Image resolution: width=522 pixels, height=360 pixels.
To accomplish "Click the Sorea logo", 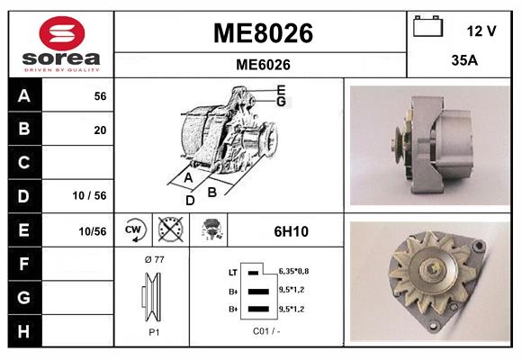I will pyautogui.click(x=58, y=42).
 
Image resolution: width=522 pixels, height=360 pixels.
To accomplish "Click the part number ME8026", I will pyautogui.click(x=262, y=33).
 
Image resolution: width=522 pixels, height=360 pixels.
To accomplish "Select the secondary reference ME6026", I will pyautogui.click(x=262, y=64).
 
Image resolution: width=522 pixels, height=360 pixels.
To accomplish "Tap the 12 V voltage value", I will pyautogui.click(x=481, y=31).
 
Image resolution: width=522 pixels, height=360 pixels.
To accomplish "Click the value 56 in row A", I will pyautogui.click(x=100, y=96).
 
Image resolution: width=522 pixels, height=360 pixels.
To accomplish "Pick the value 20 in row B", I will pyautogui.click(x=100, y=130).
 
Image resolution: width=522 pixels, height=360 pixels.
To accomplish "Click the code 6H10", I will pyautogui.click(x=291, y=231).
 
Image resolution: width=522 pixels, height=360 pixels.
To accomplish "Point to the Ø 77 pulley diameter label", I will pyautogui.click(x=154, y=259).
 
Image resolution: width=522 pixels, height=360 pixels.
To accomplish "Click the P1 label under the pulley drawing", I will pyautogui.click(x=154, y=330).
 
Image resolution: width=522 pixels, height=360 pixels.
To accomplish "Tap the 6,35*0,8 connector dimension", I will pyautogui.click(x=295, y=270).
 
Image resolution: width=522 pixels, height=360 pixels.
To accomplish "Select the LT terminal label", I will pyautogui.click(x=233, y=271).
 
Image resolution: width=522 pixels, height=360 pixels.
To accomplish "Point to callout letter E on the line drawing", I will pyautogui.click(x=282, y=90).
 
